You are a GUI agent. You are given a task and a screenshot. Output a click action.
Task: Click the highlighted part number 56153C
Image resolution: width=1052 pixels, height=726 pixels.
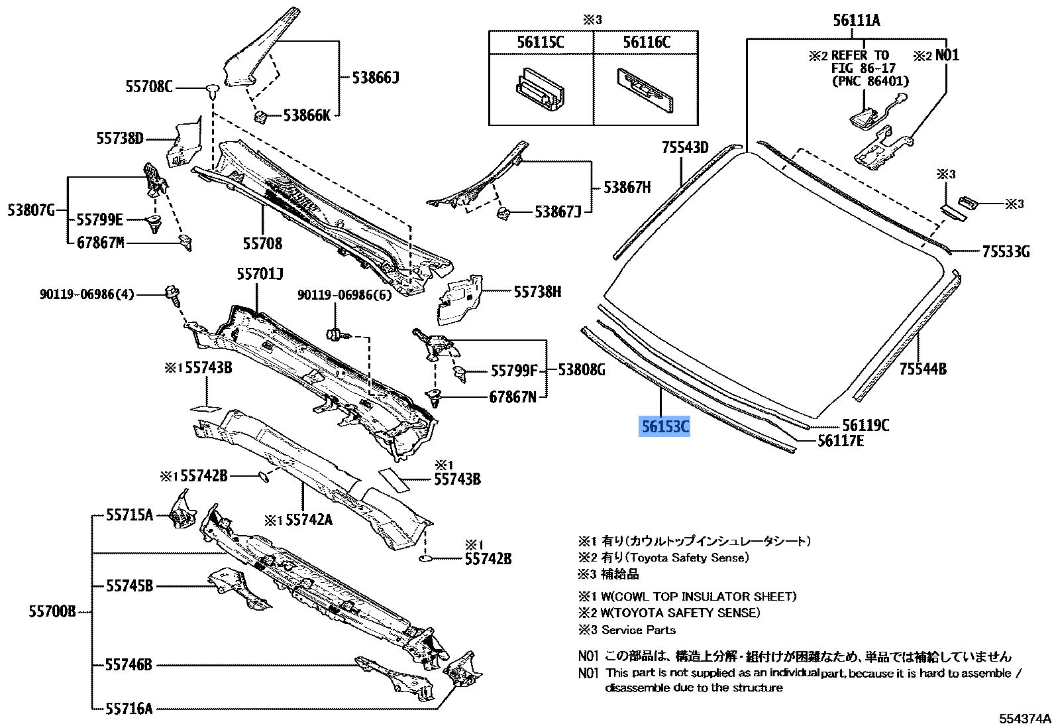click(665, 426)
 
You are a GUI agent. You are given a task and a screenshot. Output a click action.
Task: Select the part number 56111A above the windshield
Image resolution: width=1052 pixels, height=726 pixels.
click(856, 21)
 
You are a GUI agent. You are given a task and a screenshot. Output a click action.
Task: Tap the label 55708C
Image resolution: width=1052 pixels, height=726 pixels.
click(148, 87)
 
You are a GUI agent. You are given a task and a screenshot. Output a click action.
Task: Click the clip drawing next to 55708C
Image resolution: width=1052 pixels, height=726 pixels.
click(212, 91)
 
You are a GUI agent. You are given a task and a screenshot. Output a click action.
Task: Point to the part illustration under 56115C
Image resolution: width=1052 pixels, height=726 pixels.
click(540, 90)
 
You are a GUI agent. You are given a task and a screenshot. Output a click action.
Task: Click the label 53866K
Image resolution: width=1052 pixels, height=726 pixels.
click(306, 115)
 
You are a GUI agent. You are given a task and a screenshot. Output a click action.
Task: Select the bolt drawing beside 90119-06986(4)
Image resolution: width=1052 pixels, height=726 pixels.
click(172, 294)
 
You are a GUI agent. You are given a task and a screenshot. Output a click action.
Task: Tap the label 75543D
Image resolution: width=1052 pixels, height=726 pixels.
click(684, 147)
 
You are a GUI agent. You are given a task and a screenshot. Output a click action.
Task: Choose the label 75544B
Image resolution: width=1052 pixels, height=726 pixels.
click(922, 369)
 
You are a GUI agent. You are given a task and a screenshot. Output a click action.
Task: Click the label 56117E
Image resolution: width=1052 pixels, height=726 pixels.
click(840, 441)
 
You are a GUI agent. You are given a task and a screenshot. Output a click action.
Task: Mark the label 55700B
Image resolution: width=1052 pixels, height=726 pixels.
click(52, 611)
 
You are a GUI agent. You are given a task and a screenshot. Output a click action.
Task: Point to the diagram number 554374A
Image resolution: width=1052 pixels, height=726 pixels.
click(1025, 718)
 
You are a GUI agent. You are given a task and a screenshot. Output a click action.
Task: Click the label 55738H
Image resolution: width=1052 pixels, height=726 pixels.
click(537, 291)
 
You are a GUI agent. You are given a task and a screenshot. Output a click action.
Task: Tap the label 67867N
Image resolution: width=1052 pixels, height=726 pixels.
click(513, 397)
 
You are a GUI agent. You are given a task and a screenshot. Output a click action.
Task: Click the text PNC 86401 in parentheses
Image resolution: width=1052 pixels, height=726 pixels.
click(870, 81)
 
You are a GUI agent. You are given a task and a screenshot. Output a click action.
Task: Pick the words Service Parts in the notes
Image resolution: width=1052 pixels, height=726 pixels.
click(638, 630)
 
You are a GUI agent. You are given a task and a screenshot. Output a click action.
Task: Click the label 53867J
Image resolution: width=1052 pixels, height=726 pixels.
click(558, 212)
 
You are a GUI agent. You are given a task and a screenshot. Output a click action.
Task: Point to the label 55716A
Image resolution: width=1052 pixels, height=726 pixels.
click(129, 709)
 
